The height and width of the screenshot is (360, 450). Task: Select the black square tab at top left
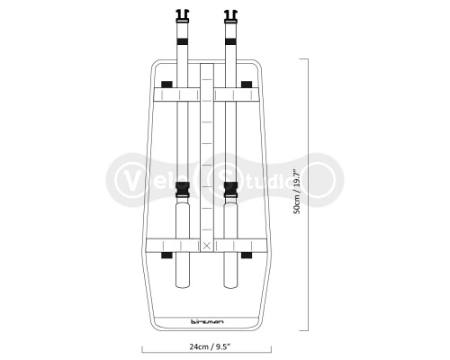tap(166, 84)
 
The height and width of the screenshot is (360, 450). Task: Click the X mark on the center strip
tap(208, 245)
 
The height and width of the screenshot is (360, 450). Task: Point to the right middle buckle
tap(229, 191)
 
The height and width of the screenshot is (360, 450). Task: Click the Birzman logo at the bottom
tap(207, 319)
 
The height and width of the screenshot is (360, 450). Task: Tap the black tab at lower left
tap(166, 256)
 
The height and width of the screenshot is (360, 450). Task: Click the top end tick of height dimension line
tap(303, 58)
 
